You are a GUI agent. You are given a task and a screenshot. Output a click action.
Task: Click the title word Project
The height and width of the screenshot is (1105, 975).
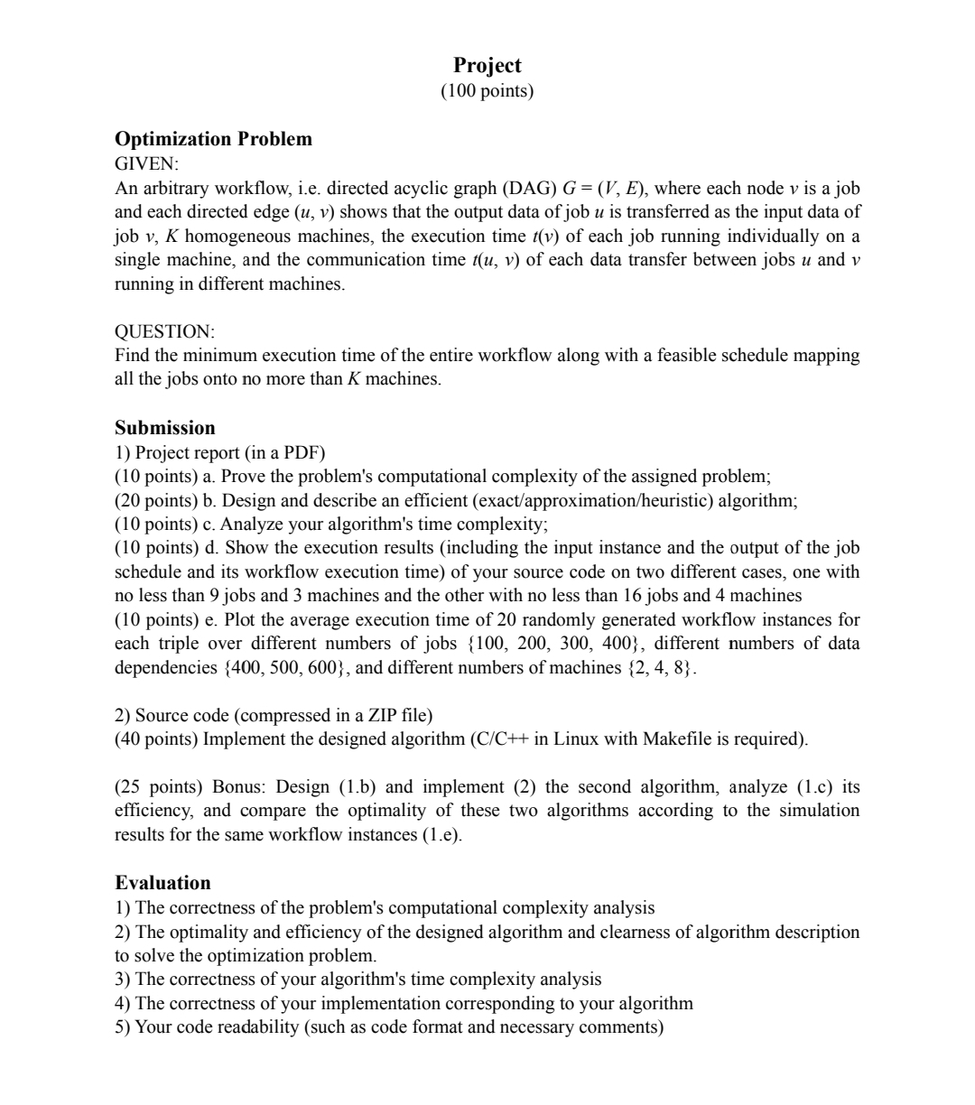pos(487,65)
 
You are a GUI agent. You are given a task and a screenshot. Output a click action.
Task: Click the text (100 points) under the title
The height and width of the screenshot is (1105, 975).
pos(487,91)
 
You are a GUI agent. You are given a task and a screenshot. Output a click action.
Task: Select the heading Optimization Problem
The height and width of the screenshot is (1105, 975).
pos(213,139)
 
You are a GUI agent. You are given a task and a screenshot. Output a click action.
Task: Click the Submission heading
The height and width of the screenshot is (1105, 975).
pos(165,428)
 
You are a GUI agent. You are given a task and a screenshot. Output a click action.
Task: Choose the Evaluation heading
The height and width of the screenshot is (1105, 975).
pos(162,883)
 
